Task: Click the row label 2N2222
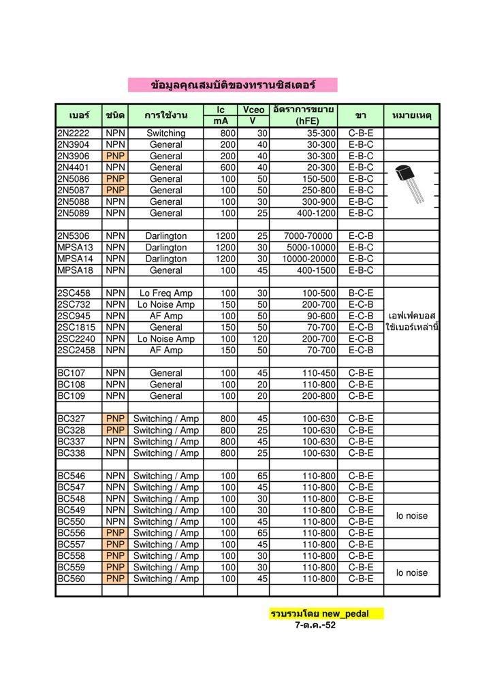click(x=74, y=133)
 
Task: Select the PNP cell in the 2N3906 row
click(x=115, y=156)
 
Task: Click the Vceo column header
click(x=253, y=110)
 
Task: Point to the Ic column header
click(x=221, y=110)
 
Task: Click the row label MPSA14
click(x=75, y=259)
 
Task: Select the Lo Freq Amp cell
click(x=165, y=293)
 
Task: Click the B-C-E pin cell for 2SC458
click(x=361, y=293)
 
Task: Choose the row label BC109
click(x=71, y=395)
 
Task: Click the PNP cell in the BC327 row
click(x=115, y=419)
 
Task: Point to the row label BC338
click(x=71, y=453)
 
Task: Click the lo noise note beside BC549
click(x=412, y=516)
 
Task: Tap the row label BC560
click(x=71, y=579)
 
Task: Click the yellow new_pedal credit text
click(x=327, y=613)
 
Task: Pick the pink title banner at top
click(x=233, y=85)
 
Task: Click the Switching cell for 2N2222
click(x=165, y=133)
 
